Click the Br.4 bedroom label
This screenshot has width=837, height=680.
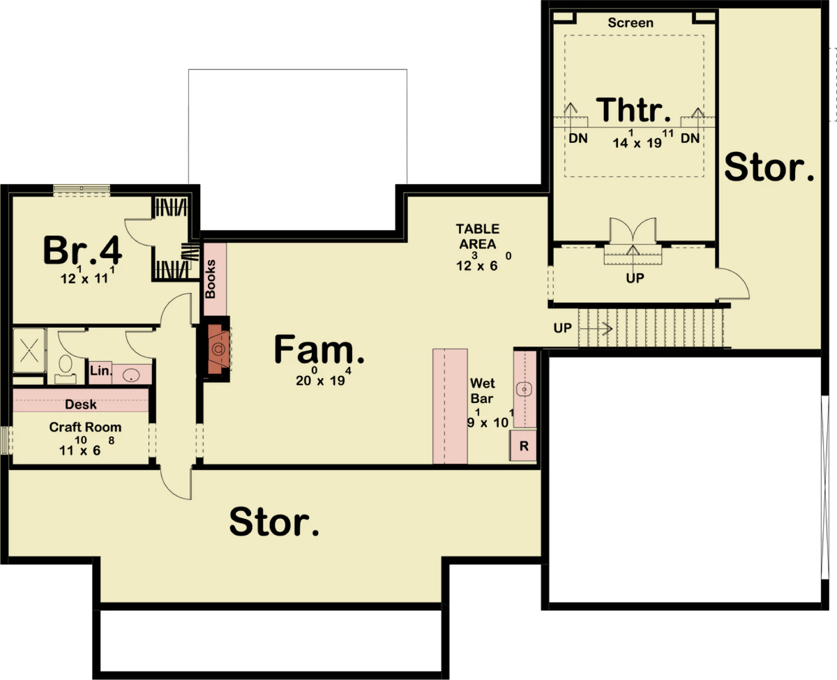[x=82, y=250]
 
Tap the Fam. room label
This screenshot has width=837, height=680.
[x=319, y=349]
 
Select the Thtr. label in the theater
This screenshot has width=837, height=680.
[x=633, y=109]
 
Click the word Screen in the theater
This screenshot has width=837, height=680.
[x=631, y=23]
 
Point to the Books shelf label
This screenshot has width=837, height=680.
[x=210, y=279]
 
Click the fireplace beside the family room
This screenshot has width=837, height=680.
[x=218, y=349]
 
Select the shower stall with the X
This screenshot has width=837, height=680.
[x=29, y=350]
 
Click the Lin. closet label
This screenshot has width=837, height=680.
[x=101, y=370]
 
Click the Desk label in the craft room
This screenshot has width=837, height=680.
[x=80, y=405]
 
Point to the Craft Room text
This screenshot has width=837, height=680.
[x=85, y=427]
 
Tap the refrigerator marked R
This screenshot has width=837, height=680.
[x=523, y=446]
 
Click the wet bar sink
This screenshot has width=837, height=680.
[x=525, y=389]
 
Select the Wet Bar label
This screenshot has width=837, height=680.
[x=482, y=391]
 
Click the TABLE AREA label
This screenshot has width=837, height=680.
[x=478, y=236]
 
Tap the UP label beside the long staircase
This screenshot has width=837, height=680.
[x=563, y=328]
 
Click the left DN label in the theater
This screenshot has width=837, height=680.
[x=578, y=138]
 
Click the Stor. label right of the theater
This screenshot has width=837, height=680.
[x=769, y=167]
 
